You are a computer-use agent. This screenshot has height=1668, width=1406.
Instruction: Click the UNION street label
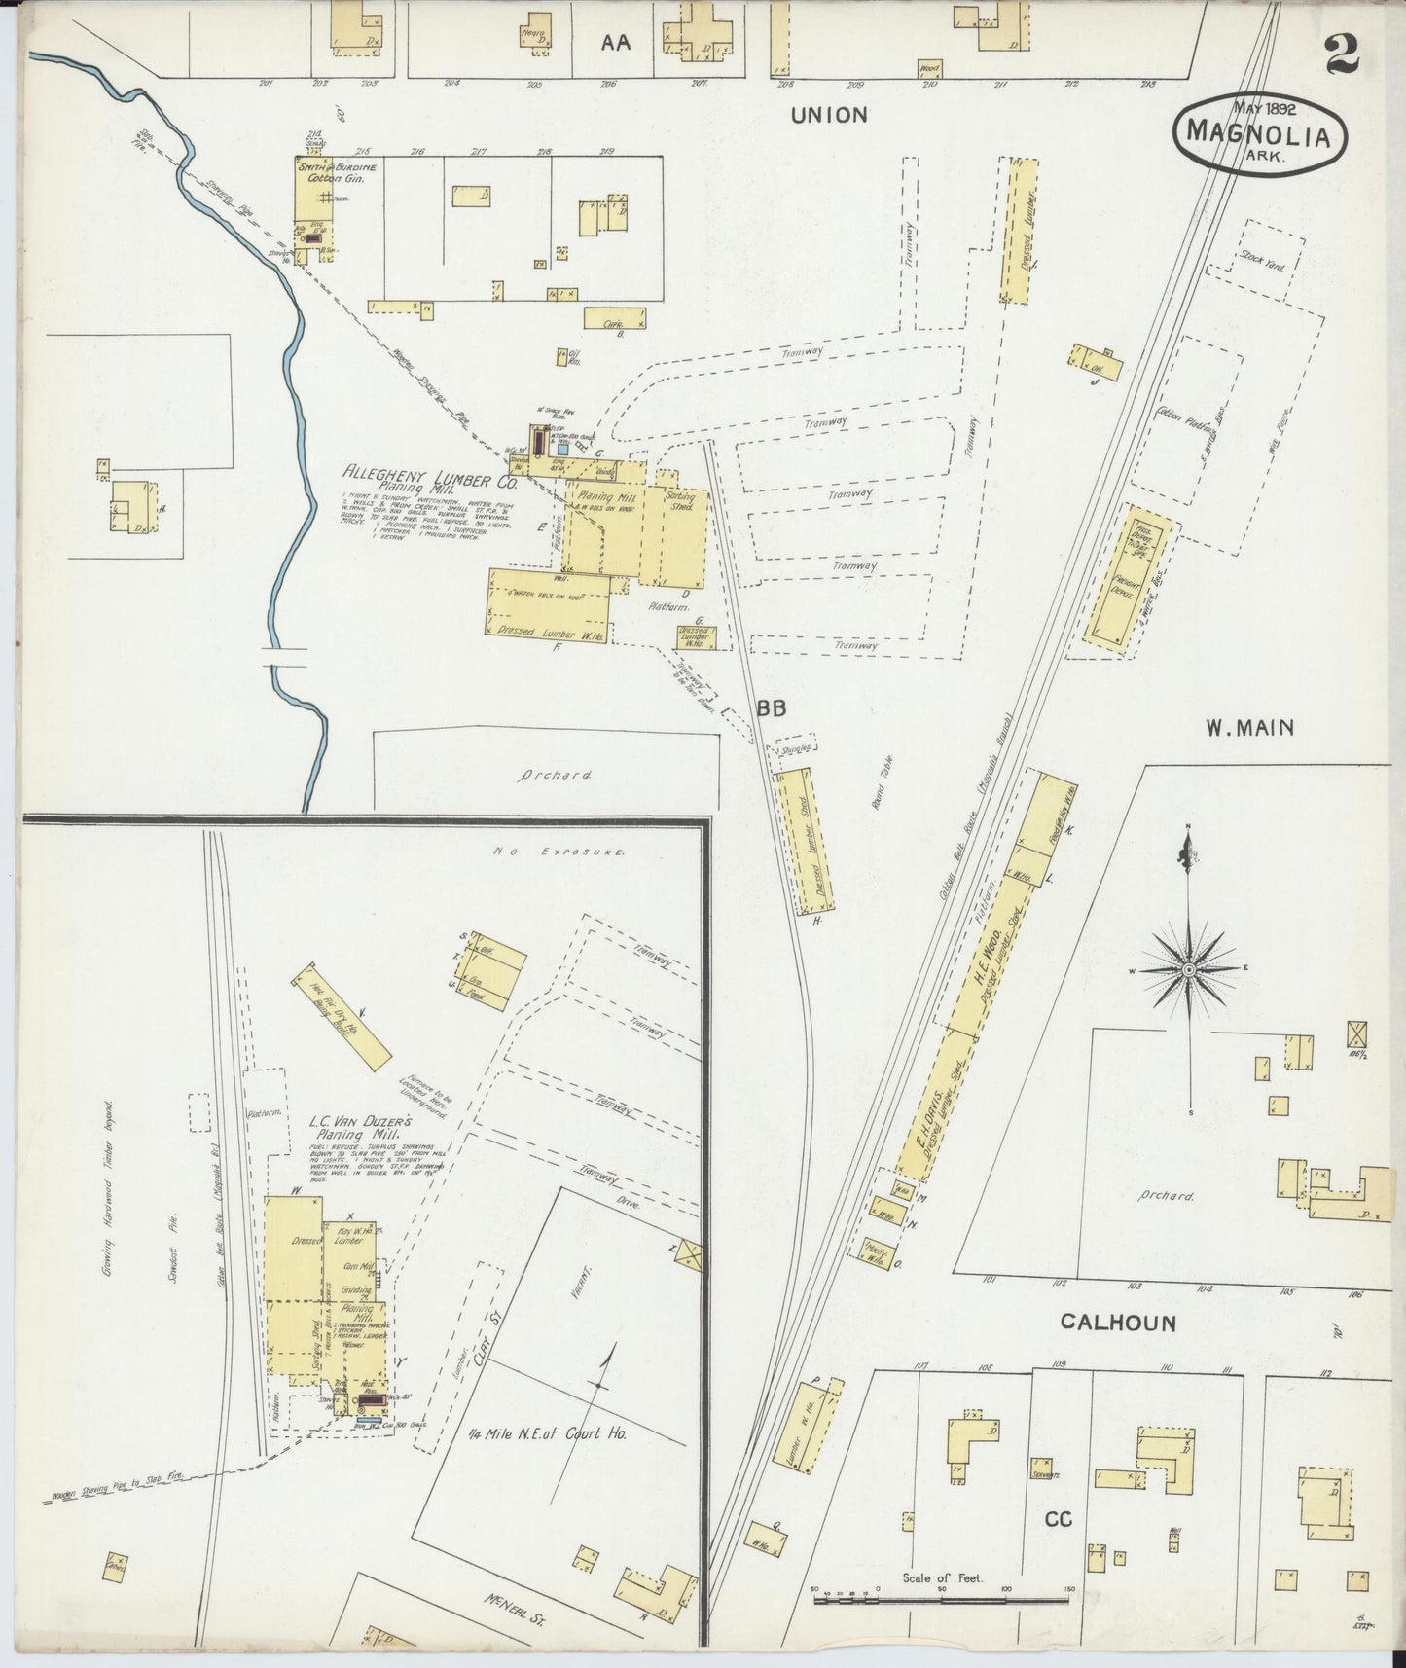pyautogui.click(x=828, y=115)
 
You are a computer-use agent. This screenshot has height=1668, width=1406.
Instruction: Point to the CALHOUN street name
pyautogui.click(x=1118, y=1323)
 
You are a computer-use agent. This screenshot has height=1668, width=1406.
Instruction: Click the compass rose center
pyautogui.click(x=1188, y=970)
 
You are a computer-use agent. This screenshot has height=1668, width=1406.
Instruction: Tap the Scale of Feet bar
pyautogui.click(x=943, y=1598)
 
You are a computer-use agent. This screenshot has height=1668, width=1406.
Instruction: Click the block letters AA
pyautogui.click(x=615, y=42)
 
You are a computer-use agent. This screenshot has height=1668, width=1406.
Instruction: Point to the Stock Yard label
pyautogui.click(x=1263, y=261)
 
